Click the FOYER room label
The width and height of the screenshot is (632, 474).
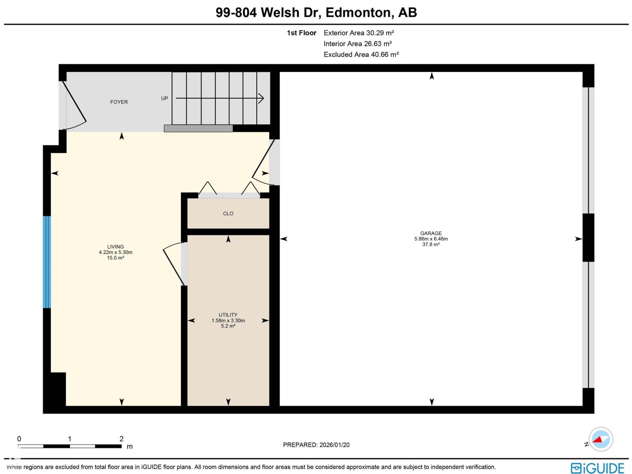click(119, 102)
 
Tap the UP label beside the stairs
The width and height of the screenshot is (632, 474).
click(164, 98)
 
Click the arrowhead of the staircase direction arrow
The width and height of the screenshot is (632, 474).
click(261, 98)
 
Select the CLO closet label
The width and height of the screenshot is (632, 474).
click(228, 213)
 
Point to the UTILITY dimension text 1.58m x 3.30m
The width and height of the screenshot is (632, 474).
click(228, 320)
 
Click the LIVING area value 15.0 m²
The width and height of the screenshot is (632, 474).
click(115, 258)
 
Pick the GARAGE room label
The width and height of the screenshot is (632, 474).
click(431, 233)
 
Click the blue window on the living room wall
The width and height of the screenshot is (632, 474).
click(47, 262)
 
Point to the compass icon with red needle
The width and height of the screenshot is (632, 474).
click(601, 439)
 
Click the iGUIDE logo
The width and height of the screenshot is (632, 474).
click(597, 468)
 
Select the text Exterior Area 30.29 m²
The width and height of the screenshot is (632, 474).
click(359, 33)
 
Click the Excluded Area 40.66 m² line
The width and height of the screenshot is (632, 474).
click(361, 55)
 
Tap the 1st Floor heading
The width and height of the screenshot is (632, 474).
click(301, 33)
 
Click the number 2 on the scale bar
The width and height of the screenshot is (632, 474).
click(121, 438)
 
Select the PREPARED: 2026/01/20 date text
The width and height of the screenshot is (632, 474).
click(316, 445)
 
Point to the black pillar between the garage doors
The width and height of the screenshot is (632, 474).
click(588, 237)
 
